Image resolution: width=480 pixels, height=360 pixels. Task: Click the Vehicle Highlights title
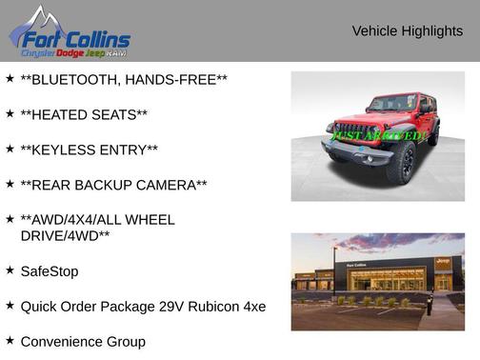coord(407,31)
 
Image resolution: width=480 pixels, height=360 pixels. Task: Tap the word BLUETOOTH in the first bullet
coord(73,79)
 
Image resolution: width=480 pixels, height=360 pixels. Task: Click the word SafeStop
coord(49,271)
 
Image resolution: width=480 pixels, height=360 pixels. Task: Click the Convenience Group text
coord(83,341)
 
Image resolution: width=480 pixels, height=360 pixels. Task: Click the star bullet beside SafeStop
coord(10,270)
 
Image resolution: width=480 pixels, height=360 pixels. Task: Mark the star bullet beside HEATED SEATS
coord(10,113)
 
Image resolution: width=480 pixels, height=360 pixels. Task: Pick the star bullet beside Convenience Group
coord(10,340)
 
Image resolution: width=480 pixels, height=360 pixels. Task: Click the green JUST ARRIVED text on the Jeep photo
coord(377,135)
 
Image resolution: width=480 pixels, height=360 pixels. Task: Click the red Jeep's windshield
coord(392,102)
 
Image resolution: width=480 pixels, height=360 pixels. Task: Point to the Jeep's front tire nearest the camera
coord(400,164)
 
